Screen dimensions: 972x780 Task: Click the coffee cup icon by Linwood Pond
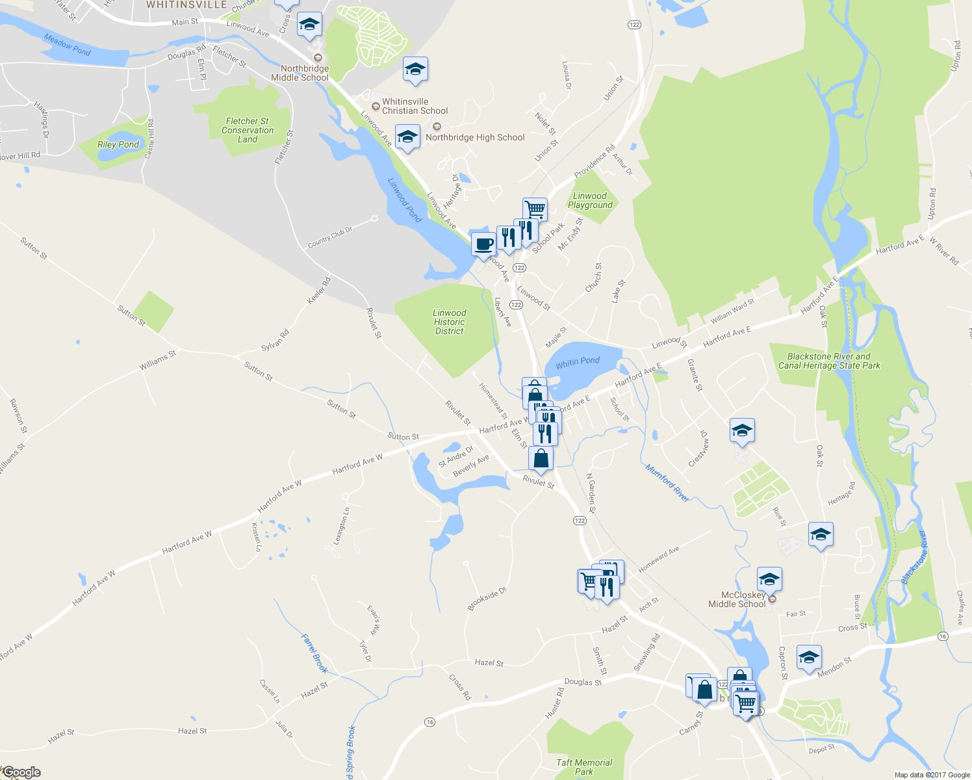click(x=483, y=244)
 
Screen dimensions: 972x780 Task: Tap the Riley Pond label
click(x=118, y=144)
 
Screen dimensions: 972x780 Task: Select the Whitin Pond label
click(x=578, y=361)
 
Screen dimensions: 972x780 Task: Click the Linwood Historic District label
click(x=449, y=322)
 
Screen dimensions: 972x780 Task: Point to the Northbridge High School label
click(x=475, y=137)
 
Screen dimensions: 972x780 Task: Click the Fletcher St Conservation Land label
click(x=248, y=130)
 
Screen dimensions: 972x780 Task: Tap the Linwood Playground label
click(x=590, y=200)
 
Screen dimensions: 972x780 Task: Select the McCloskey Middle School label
click(x=737, y=599)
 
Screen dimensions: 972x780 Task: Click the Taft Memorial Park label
click(x=584, y=767)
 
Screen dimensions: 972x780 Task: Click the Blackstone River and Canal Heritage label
click(x=829, y=361)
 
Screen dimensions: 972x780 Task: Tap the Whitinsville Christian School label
click(x=415, y=106)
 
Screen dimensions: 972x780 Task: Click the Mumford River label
click(x=667, y=483)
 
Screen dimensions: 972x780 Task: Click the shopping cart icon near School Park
click(x=535, y=209)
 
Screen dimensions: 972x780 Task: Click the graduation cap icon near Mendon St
click(x=809, y=657)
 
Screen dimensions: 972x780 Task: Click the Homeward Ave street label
click(x=659, y=559)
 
